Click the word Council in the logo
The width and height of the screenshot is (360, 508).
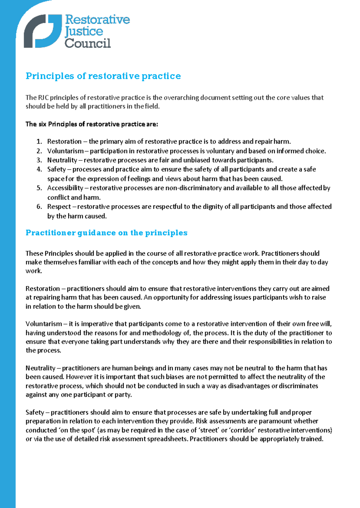(88, 43)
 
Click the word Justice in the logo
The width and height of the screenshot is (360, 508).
(84, 31)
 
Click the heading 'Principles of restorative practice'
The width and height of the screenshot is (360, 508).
(103, 76)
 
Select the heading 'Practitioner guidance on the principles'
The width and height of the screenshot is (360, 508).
(106, 233)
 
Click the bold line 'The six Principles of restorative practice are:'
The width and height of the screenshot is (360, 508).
(91, 124)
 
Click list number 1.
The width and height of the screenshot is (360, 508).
(39, 142)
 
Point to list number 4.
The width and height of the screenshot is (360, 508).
(39, 169)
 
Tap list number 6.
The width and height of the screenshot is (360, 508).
(39, 207)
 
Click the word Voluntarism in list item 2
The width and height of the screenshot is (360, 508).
(65, 151)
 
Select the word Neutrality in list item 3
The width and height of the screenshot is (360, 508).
(62, 160)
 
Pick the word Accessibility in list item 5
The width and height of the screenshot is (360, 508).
(65, 188)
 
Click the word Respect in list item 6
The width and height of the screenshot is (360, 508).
(59, 207)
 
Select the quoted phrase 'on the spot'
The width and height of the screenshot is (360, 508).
(77, 430)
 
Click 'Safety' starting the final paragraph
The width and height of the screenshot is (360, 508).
(35, 412)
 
